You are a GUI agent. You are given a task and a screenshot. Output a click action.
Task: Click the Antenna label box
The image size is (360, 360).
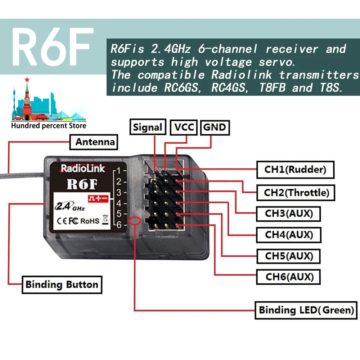click(x=94, y=142)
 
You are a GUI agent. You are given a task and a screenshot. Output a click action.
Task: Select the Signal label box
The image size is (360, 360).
click(x=148, y=127)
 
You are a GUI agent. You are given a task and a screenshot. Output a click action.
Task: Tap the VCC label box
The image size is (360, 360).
click(x=184, y=127)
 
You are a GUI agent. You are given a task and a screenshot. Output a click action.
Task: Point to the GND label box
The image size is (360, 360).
click(x=215, y=127)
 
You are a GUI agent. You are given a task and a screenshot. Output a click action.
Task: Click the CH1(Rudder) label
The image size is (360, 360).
click(x=295, y=170)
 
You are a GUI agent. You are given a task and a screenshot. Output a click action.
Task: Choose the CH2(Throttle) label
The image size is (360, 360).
click(x=297, y=193)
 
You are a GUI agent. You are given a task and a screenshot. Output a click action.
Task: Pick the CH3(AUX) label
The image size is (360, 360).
click(x=288, y=213)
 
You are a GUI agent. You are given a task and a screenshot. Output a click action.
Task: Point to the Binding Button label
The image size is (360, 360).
click(x=62, y=285)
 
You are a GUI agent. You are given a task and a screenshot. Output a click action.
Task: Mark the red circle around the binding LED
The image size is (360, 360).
click(x=136, y=221)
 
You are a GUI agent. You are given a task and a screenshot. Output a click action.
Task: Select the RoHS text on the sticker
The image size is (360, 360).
click(x=89, y=221)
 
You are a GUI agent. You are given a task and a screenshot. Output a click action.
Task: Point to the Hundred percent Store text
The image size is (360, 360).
click(x=49, y=126)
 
